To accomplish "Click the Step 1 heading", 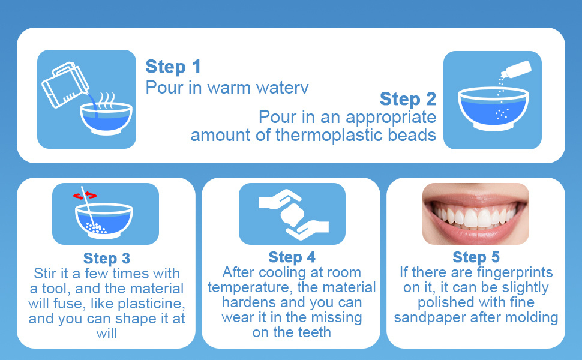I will coord(173,67).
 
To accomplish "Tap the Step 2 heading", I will coord(407,98).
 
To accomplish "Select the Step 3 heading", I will coord(106,259).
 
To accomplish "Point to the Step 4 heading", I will coord(292,257).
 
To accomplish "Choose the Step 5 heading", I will coord(476,257).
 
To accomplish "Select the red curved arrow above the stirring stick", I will coord(85,195).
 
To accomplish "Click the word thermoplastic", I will coord(329,134).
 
